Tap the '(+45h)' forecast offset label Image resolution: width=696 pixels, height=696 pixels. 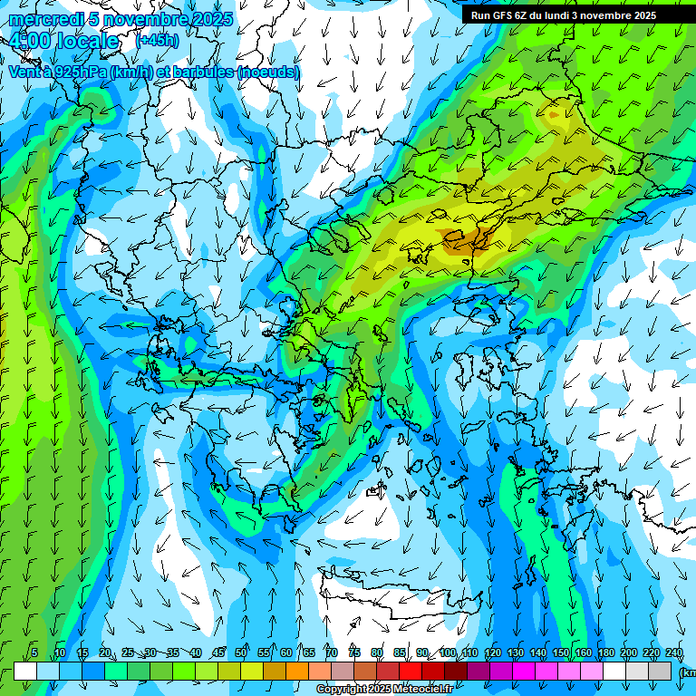[x=156, y=40]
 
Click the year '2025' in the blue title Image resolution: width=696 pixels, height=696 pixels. [x=212, y=19]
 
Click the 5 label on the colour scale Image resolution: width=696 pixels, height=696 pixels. [x=34, y=652]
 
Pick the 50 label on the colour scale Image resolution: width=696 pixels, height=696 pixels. [x=241, y=652]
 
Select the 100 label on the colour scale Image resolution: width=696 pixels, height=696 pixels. [x=448, y=652]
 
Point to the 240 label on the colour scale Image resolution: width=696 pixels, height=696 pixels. [x=674, y=652]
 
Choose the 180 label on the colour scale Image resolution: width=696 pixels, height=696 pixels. [x=606, y=652]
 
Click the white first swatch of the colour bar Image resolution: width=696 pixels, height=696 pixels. [x=25, y=671]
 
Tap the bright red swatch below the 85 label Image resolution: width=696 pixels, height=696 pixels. [x=411, y=671]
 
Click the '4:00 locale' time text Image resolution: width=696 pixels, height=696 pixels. [x=63, y=41]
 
